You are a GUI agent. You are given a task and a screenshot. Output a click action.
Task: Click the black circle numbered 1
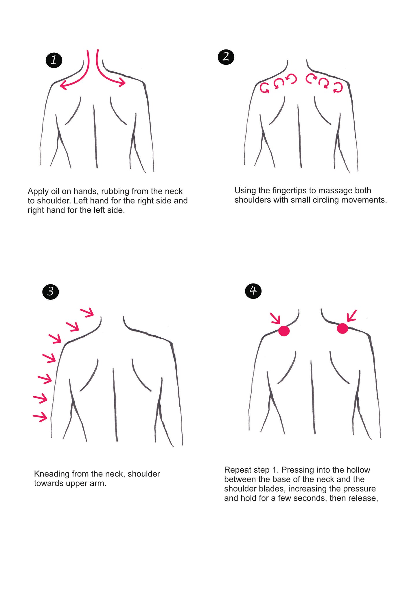(54, 60)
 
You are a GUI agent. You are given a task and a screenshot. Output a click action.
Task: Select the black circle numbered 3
(51, 291)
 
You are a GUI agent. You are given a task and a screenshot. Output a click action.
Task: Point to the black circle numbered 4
(253, 290)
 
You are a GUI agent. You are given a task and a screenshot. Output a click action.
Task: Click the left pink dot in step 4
(284, 331)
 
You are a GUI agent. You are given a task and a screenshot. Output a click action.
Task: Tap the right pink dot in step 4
(342, 328)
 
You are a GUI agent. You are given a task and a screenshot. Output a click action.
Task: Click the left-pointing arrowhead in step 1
(63, 85)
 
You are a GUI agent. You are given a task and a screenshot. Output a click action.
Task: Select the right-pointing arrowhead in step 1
(122, 82)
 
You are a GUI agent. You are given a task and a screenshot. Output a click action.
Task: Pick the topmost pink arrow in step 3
(87, 312)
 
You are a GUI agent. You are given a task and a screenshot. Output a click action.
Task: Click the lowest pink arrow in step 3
(40, 417)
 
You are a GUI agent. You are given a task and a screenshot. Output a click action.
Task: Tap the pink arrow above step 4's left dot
(275, 318)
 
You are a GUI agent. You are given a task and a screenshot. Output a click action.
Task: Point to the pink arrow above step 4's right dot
(351, 316)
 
